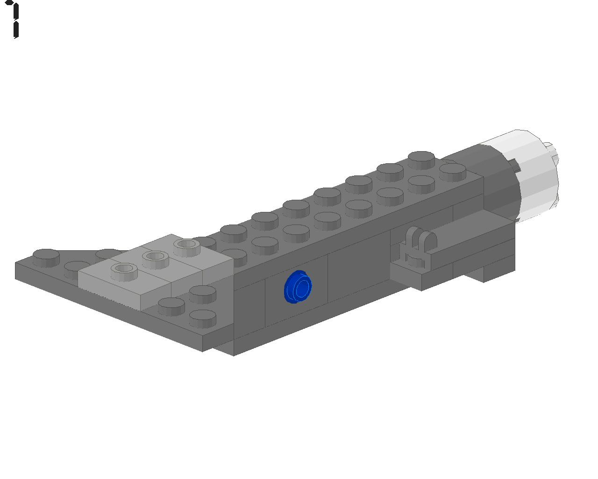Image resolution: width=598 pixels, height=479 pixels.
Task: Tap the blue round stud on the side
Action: click(x=298, y=287)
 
